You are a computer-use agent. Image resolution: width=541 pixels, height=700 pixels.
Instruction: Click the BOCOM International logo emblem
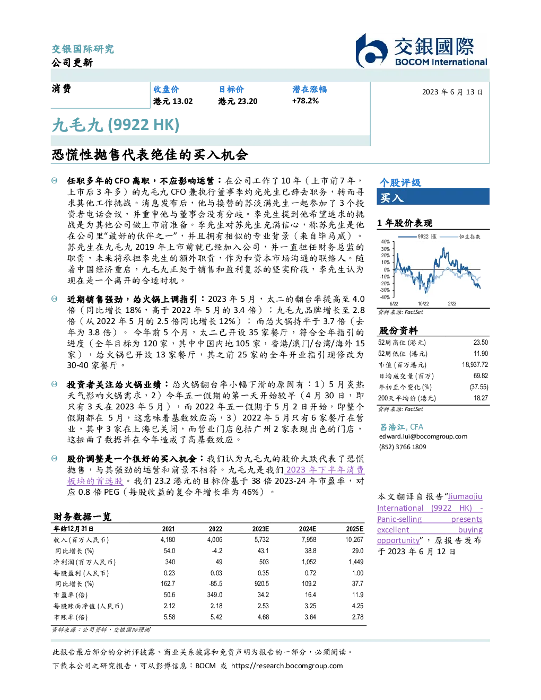371,51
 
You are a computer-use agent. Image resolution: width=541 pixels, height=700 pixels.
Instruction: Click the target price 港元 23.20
238,101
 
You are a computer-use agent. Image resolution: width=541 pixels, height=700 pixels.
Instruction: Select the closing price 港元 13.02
173,101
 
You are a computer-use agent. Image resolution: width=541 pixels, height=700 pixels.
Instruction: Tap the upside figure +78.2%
305,101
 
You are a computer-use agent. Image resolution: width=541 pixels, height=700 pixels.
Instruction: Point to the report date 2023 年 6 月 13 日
452,92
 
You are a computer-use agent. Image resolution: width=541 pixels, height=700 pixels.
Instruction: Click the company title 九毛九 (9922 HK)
116,125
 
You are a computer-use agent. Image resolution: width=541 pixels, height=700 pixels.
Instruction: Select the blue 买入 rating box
433,197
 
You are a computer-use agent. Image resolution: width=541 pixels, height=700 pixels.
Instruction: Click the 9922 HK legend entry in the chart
417,237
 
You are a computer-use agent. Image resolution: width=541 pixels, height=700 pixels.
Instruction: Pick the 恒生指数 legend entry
460,237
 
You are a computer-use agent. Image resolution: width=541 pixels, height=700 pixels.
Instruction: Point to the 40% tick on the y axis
386,242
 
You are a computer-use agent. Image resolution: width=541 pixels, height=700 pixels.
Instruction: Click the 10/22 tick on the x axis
423,303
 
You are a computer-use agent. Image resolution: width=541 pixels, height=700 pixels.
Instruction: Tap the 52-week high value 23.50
481,342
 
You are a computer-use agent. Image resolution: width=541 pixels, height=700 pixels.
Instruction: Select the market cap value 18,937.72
475,364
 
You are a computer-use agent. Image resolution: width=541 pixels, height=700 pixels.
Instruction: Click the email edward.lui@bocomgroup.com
423,436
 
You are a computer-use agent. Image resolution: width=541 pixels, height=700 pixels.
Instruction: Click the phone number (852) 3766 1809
403,447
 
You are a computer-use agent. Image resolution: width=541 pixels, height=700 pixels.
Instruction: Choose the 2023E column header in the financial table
260,529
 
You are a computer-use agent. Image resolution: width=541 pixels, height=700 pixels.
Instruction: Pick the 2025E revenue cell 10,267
354,539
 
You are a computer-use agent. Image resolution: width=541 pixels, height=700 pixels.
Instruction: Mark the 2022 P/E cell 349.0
215,594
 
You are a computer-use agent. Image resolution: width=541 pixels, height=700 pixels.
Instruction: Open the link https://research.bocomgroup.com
287,666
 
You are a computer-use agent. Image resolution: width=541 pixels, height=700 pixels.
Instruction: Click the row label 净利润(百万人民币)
84,562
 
